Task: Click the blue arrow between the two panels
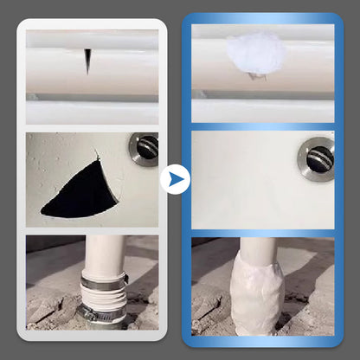(x=175, y=179)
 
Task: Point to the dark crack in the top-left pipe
(x=87, y=61)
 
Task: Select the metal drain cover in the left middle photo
(x=144, y=148)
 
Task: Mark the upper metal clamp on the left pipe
(x=104, y=281)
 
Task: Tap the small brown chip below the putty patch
(x=255, y=76)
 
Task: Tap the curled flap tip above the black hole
(x=98, y=157)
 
